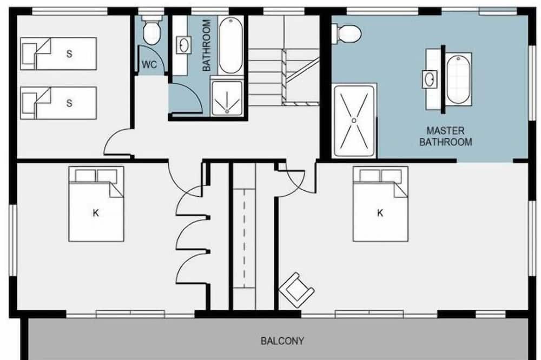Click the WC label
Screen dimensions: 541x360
pos(149,64)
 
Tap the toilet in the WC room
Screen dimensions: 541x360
pos(151,30)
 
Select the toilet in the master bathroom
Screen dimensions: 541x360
pos(346,34)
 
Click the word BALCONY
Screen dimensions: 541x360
pos(282,341)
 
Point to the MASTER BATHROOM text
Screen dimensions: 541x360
pos(445,136)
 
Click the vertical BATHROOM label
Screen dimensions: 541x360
pos(206,45)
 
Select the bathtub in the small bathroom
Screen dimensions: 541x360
pos(231,45)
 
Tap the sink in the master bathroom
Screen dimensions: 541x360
pos(430,79)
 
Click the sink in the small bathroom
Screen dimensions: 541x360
pos(183,45)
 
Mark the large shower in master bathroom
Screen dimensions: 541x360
pos(354,121)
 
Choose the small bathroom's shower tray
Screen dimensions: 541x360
pos(227,98)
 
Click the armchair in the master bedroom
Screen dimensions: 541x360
pos(296,290)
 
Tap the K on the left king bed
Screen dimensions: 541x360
pos(96,213)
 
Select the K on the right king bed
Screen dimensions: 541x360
pos(380,213)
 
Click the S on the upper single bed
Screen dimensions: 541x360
pos(69,54)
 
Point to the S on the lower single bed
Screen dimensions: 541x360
pos(69,103)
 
